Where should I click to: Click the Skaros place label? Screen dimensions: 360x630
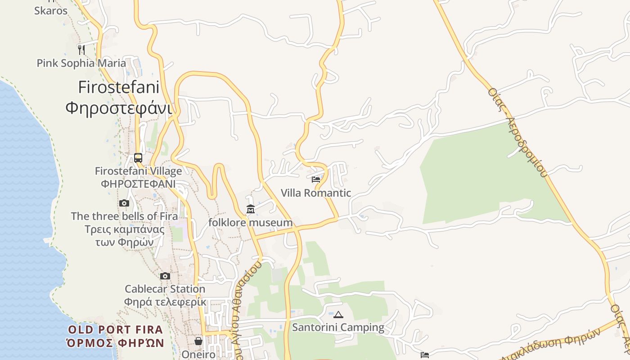(51, 11)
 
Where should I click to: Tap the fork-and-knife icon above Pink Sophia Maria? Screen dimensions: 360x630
(81, 49)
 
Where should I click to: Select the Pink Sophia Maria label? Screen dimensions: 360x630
(81, 63)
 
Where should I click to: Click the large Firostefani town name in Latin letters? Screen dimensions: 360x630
(119, 87)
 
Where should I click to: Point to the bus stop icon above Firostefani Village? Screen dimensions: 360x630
(138, 158)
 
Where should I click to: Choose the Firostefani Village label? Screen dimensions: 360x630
(138, 171)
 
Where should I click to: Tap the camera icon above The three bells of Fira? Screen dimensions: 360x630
(124, 203)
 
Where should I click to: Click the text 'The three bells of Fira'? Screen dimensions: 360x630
(124, 216)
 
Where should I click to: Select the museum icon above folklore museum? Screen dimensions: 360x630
(251, 209)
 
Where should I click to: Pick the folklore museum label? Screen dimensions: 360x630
(251, 223)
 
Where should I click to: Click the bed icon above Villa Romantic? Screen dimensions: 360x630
(316, 180)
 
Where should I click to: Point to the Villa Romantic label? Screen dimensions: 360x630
(316, 193)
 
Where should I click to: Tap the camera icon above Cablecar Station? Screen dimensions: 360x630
(165, 276)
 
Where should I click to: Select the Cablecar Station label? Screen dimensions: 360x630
(165, 289)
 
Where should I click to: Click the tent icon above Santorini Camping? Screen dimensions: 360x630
(338, 315)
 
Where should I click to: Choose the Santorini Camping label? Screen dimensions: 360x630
(338, 328)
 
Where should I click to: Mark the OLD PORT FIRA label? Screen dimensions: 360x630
(115, 330)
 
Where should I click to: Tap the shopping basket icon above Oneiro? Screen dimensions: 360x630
(198, 342)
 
